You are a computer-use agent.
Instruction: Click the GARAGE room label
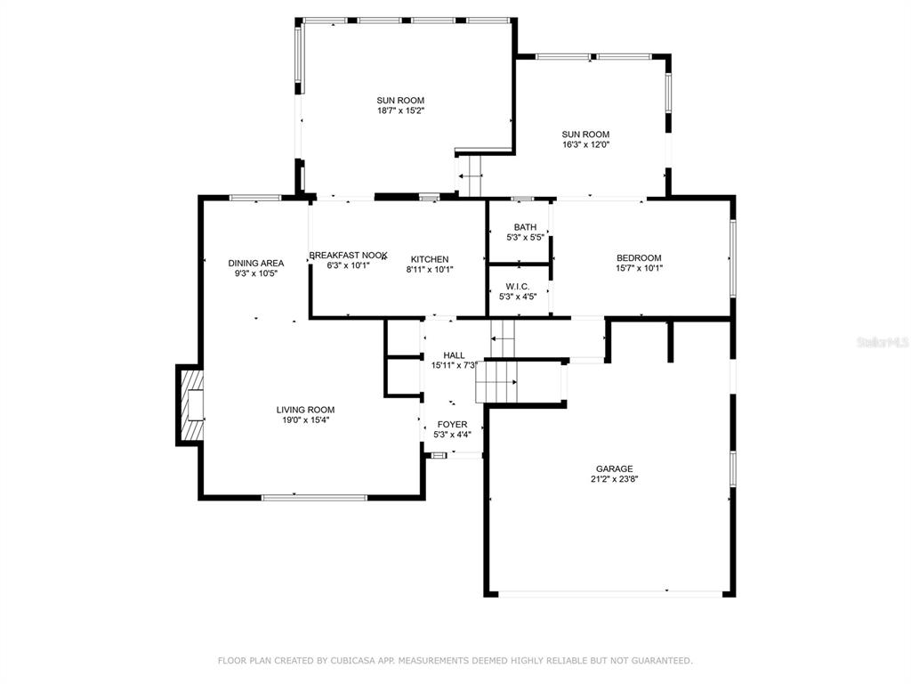[x=614, y=468]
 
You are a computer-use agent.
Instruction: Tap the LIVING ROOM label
[x=306, y=410]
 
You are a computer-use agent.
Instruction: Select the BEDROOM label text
[x=639, y=257]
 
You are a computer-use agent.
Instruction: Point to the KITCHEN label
[x=430, y=259]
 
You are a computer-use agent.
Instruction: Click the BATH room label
[x=525, y=227]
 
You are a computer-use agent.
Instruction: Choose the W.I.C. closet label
[x=518, y=287]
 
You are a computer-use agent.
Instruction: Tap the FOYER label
[x=452, y=425]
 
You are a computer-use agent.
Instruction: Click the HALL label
[x=455, y=355]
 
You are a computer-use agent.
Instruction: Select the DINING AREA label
[x=256, y=264]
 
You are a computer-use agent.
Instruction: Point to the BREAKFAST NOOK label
[x=348, y=256]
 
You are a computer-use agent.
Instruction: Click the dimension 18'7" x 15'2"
[x=401, y=110]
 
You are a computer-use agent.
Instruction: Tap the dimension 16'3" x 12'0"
[x=585, y=144]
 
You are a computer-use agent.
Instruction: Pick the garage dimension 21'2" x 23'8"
[x=614, y=479]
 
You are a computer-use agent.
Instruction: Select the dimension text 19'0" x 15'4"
[x=306, y=420]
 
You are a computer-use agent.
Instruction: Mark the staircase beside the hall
[x=496, y=381]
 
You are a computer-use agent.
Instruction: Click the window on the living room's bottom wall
[x=314, y=497]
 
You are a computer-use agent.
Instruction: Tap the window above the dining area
[x=255, y=198]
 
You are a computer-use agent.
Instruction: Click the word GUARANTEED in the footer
[x=661, y=661]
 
